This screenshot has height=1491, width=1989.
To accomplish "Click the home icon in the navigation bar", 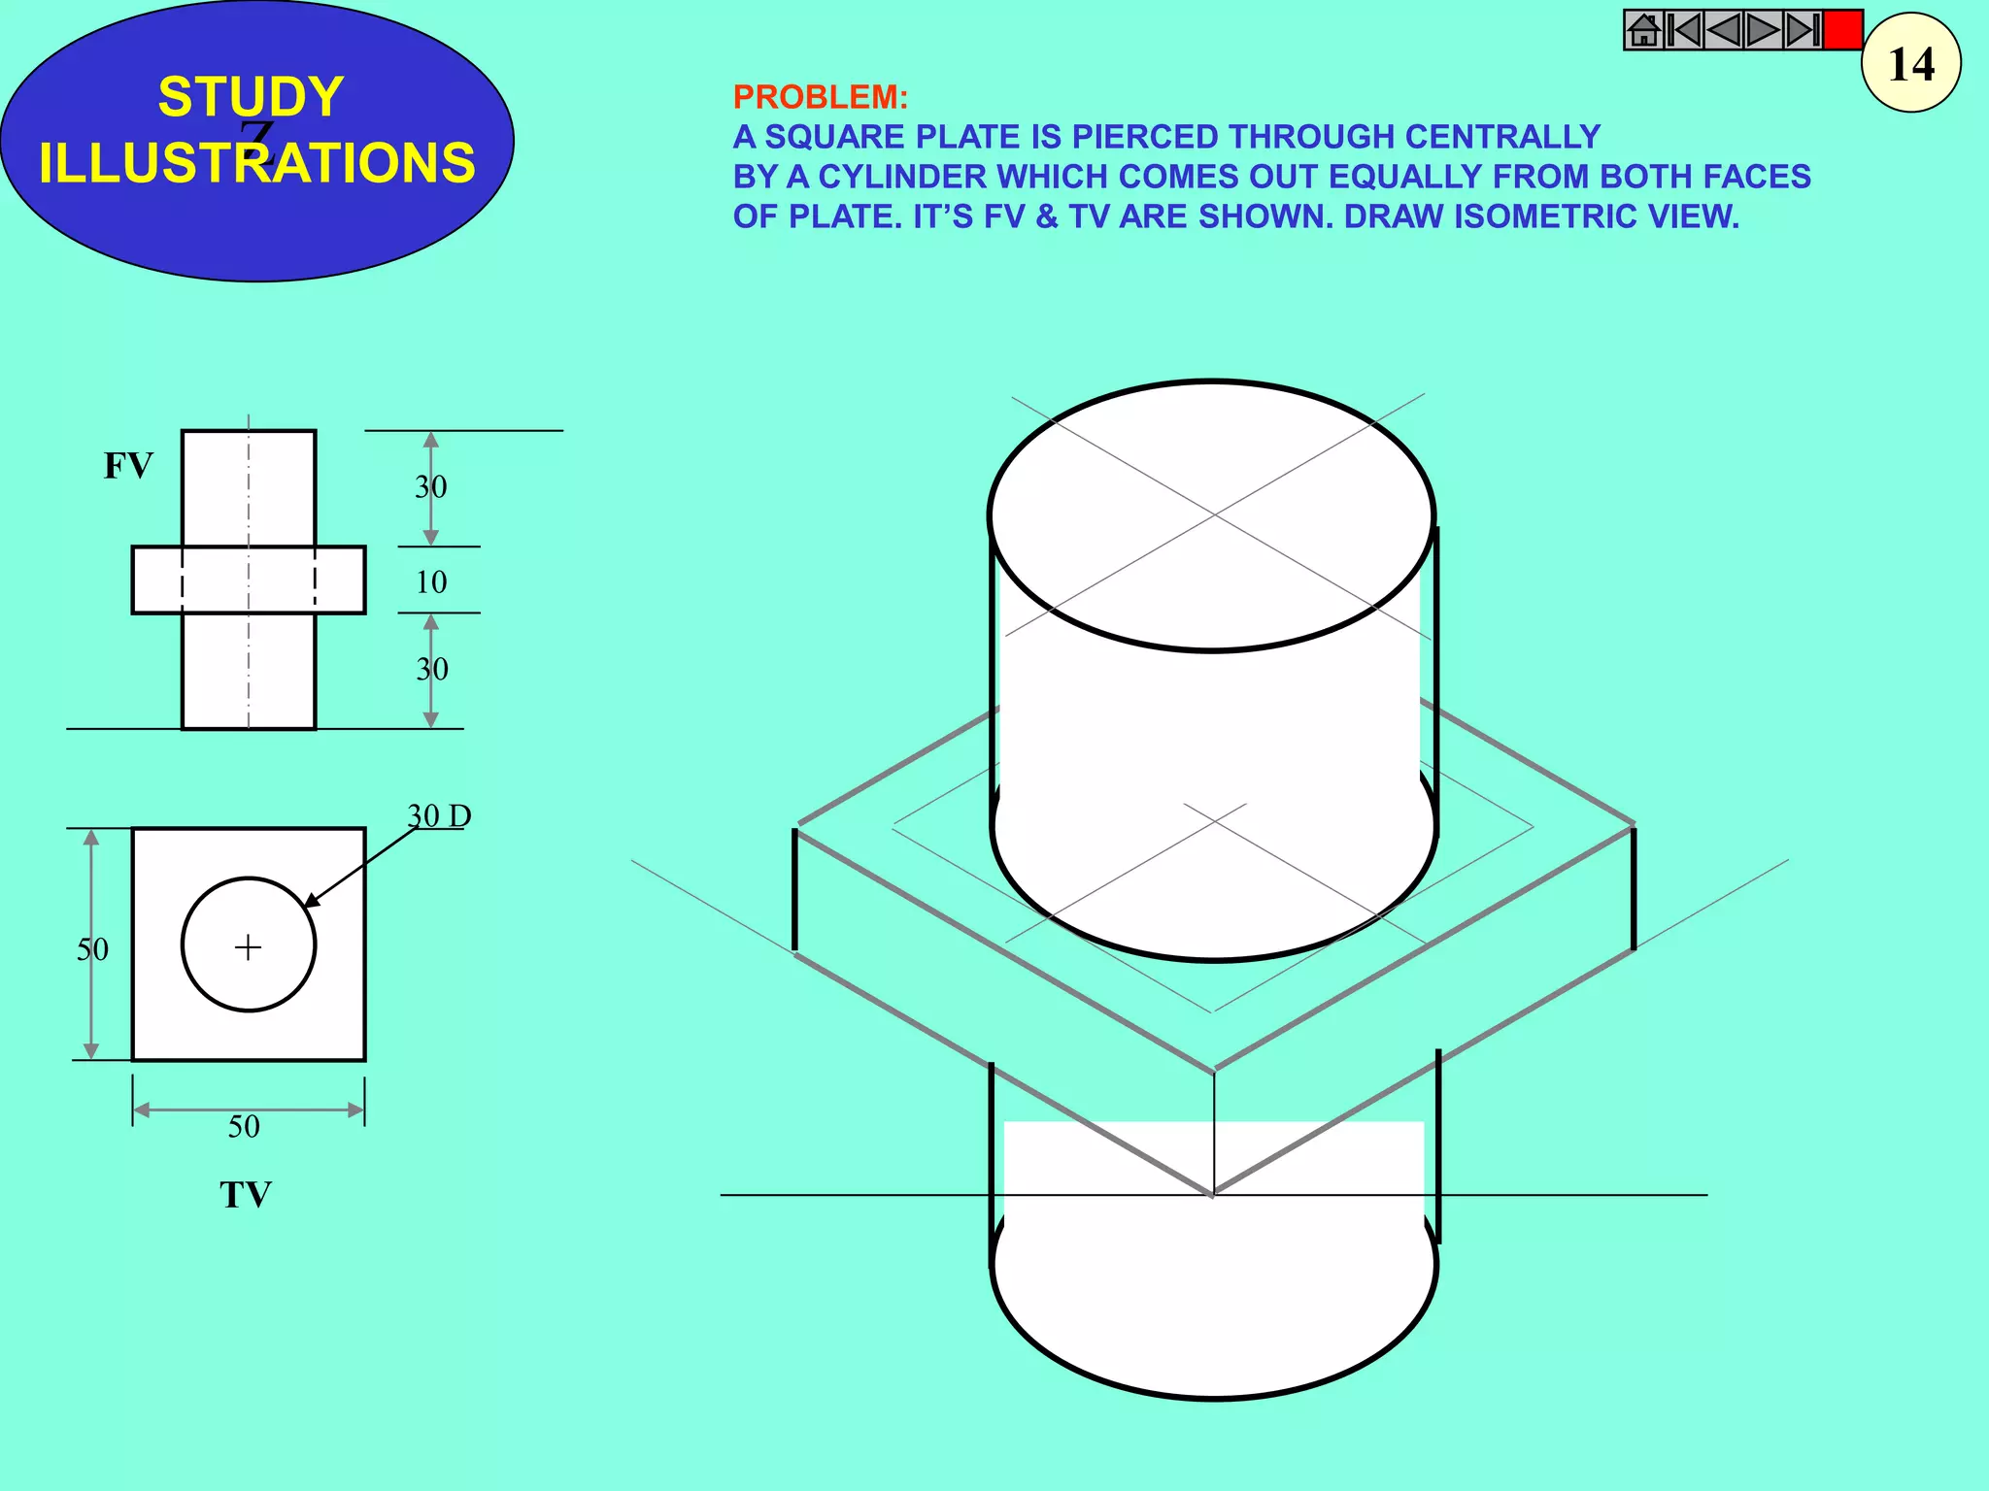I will [1643, 30].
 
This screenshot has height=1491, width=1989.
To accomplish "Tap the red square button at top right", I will [1842, 30].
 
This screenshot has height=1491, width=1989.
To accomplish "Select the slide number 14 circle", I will [1911, 64].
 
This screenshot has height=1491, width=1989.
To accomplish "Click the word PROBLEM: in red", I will [820, 97].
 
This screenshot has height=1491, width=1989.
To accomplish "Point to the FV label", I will [128, 466].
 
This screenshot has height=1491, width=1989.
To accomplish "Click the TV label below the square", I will [245, 1195].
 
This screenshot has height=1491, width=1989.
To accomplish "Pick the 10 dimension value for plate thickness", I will [431, 582].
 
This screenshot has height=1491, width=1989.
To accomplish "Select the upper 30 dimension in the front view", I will [431, 486].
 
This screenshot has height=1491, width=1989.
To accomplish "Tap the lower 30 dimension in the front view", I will [432, 669].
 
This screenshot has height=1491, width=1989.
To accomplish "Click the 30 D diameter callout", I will [439, 816].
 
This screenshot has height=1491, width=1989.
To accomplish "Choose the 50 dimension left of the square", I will [93, 949].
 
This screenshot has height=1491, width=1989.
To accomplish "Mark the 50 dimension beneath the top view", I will [244, 1127].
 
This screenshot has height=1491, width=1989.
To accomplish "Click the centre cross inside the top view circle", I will [249, 946].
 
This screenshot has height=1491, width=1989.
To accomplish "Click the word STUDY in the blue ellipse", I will [251, 97].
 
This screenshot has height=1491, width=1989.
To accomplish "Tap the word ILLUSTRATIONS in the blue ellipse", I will [257, 162].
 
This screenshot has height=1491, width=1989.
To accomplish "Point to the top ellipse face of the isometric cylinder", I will [1212, 515].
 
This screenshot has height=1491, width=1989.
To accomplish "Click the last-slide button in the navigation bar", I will [1803, 30].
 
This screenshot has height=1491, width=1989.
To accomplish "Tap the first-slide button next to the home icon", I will [1684, 30].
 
